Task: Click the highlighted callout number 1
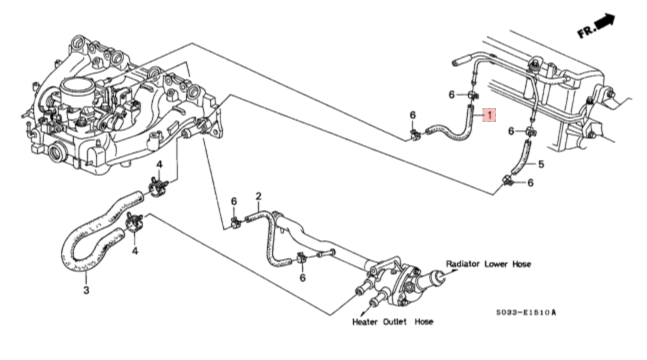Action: [489, 115]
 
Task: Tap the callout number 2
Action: [258, 196]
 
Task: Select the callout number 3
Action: [86, 290]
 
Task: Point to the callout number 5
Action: [541, 164]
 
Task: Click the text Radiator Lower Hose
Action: [488, 264]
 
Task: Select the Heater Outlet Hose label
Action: [392, 321]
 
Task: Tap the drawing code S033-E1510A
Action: [526, 312]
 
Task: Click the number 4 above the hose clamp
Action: [159, 164]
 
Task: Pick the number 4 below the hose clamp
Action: [135, 251]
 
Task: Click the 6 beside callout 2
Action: [233, 201]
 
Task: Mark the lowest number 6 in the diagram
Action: [302, 277]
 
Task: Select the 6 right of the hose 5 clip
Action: [530, 182]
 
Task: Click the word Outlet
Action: [395, 321]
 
